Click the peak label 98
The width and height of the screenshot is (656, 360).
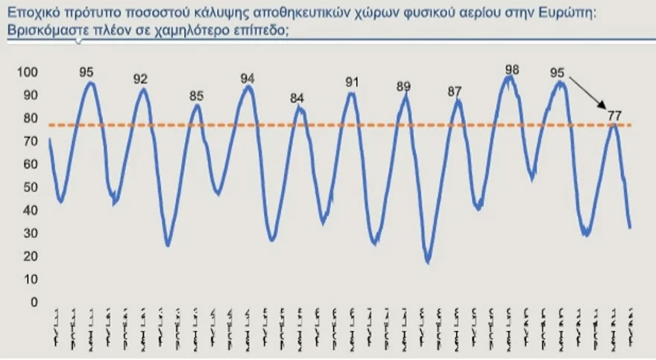point(511,70)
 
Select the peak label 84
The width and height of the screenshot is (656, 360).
point(297,98)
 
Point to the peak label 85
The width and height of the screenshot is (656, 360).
point(197,95)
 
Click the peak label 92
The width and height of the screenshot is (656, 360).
point(141,79)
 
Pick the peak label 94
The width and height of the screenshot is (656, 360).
point(247,78)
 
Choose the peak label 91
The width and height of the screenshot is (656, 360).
point(353,82)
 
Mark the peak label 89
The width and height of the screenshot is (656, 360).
point(403,86)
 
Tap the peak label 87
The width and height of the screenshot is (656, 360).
point(455,92)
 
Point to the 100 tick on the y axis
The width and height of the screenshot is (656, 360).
point(26,72)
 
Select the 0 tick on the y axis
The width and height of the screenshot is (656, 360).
point(32,302)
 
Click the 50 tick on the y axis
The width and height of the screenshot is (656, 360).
point(30,187)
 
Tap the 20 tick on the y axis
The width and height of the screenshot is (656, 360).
point(30,256)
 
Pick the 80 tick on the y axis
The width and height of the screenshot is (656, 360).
point(30,119)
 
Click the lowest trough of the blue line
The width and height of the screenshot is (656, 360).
point(428,262)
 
